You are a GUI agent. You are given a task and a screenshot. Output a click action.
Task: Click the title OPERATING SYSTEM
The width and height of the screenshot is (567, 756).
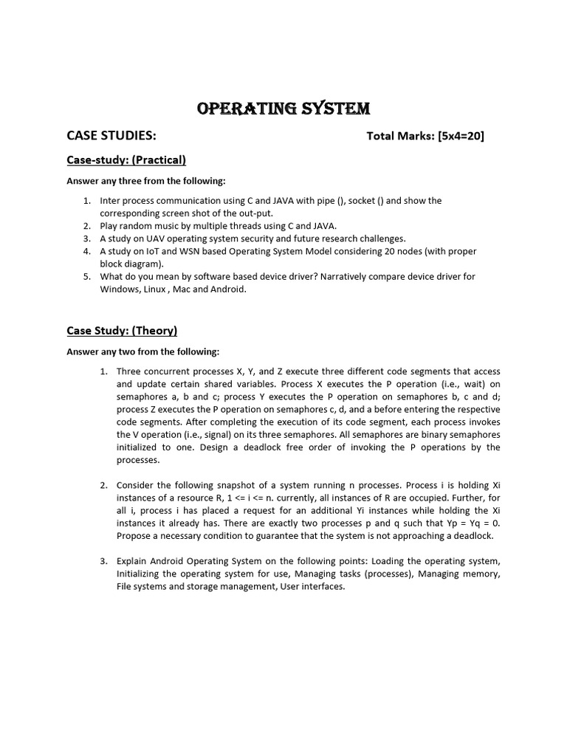[x=283, y=109]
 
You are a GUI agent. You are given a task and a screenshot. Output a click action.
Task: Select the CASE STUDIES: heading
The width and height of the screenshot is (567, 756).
[x=111, y=135]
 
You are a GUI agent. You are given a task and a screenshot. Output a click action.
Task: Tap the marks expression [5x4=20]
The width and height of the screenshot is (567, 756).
[x=461, y=136]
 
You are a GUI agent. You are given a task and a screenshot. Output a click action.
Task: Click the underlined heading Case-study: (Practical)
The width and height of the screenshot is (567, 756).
[x=126, y=159]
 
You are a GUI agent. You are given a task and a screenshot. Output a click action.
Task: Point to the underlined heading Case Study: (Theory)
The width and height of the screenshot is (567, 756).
[x=122, y=330]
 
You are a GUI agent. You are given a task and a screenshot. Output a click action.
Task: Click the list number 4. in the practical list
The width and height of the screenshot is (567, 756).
[x=86, y=251]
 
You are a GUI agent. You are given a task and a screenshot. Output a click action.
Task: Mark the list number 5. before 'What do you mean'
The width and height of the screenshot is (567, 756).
[x=86, y=276]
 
